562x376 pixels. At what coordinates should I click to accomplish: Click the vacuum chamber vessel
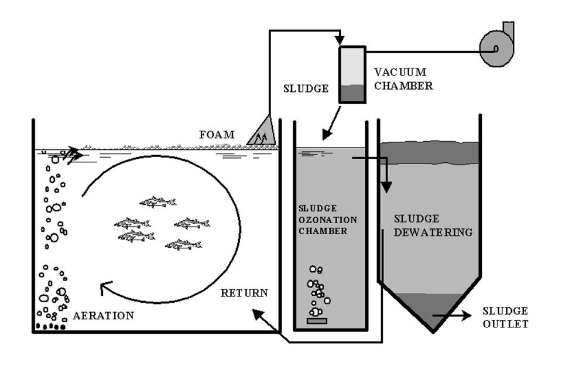[x=352, y=75]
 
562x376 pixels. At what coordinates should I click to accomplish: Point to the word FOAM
[x=220, y=135]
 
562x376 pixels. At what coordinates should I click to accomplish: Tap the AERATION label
[x=104, y=316]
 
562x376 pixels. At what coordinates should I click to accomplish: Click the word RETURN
[x=244, y=292]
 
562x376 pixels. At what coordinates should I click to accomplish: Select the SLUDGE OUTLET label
[x=505, y=317]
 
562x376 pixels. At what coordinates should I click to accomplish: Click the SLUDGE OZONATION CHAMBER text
[x=323, y=219]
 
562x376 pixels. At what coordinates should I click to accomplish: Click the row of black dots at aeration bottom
[x=50, y=326]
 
